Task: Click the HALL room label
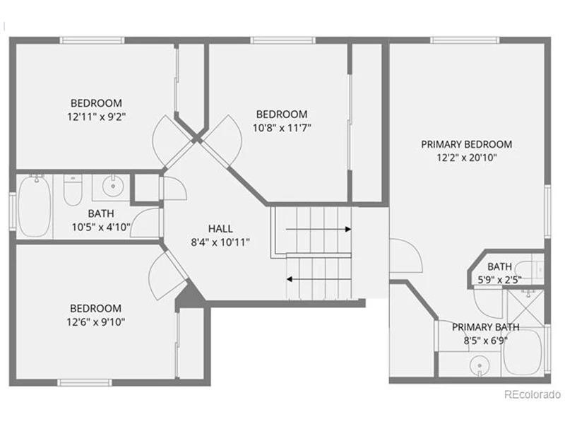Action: point(220,228)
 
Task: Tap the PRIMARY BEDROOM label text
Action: point(467,144)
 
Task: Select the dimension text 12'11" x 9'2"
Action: point(96,117)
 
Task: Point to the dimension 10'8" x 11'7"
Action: point(282,128)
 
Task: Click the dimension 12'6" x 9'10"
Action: point(95,322)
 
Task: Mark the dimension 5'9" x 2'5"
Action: point(499,280)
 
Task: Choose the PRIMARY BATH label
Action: point(485,327)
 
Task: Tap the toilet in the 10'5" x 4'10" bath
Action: point(73,189)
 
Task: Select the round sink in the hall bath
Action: point(113,186)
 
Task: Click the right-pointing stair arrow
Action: point(319,229)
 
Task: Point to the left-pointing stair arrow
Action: point(319,279)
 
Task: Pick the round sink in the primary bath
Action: point(480,365)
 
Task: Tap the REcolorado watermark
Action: point(533,394)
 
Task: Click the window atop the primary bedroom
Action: point(465,40)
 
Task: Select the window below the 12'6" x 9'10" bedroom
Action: point(85,382)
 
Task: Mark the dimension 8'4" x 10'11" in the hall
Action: point(220,242)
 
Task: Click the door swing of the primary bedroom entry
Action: point(406,255)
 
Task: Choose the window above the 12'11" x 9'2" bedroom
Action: point(92,40)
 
